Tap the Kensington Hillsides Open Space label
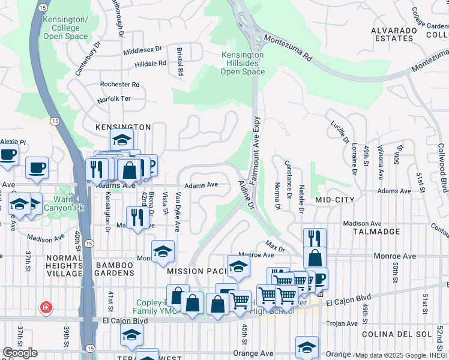click(x=243, y=63)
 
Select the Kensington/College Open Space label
click(x=66, y=28)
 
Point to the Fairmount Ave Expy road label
click(x=255, y=149)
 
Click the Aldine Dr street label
click(x=247, y=194)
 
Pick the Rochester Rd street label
click(x=120, y=85)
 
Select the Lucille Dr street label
click(x=339, y=131)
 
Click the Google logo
click(x=20, y=353)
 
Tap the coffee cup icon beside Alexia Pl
click(x=8, y=155)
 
